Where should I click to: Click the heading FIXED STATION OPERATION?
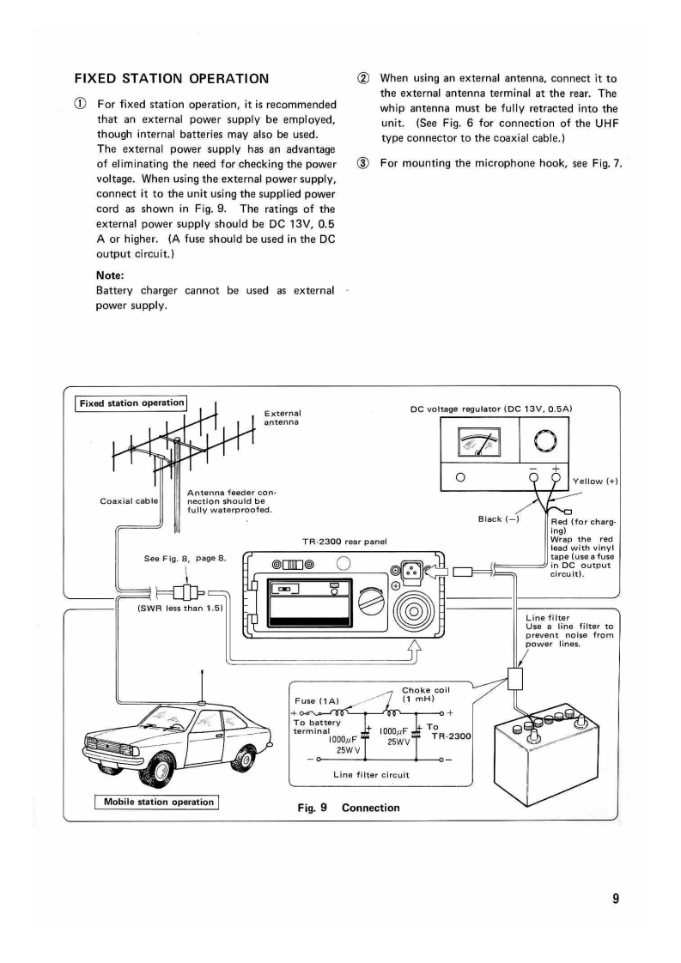[x=173, y=78]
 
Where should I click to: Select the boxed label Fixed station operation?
[x=131, y=403]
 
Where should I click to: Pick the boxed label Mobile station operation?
[x=158, y=802]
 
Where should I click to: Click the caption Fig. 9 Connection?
[x=348, y=807]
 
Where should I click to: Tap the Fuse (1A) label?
[x=317, y=699]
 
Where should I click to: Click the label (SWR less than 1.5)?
[x=179, y=609]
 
